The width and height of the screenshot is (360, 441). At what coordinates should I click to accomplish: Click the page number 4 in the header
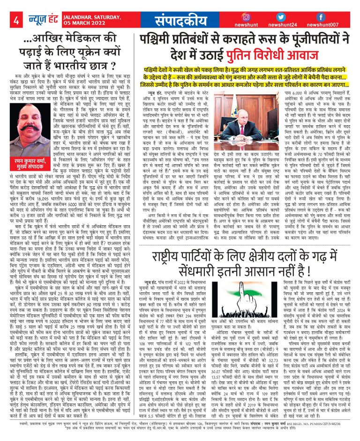16,20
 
